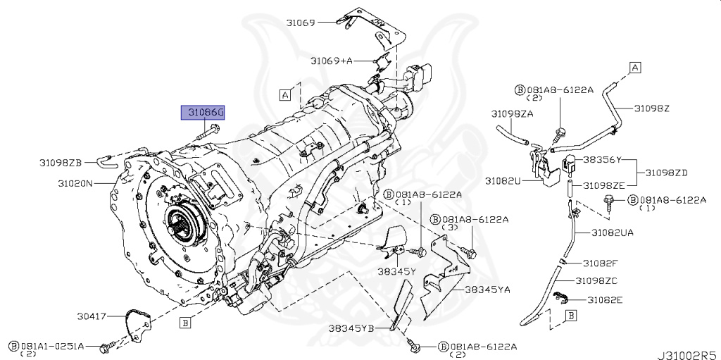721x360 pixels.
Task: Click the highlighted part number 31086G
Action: [203, 113]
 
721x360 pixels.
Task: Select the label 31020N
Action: [75, 183]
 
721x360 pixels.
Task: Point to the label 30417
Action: [92, 316]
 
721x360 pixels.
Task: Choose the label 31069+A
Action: [332, 61]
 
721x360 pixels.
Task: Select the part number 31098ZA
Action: [512, 113]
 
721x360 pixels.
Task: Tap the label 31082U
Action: [502, 181]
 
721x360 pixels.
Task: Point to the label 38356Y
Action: [601, 159]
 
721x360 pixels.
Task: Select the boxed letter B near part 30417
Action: [185, 323]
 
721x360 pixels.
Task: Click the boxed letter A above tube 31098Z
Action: [634, 68]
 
